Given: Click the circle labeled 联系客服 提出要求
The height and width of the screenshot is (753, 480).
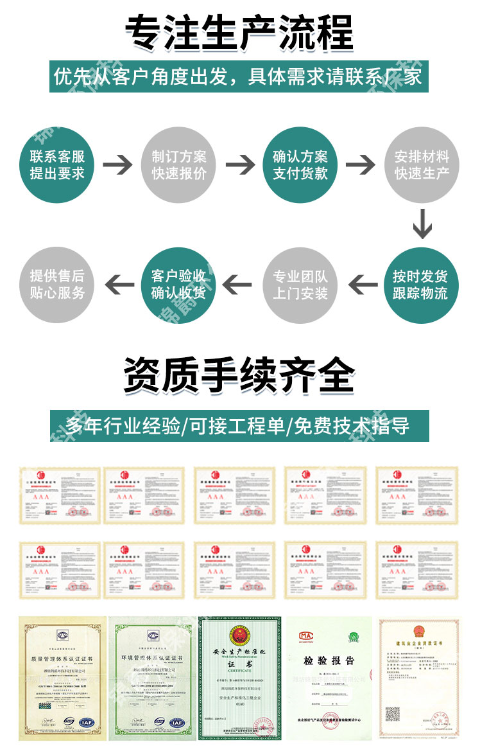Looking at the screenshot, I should pyautogui.click(x=57, y=165).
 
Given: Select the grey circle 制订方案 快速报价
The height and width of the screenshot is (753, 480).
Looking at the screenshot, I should pyautogui.click(x=179, y=165).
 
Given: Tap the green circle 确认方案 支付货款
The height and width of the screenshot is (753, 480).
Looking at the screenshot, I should pyautogui.click(x=300, y=165).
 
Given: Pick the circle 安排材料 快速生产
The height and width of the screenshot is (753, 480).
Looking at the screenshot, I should pyautogui.click(x=422, y=165).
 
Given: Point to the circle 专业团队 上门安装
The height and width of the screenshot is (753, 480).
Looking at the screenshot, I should pyautogui.click(x=300, y=285).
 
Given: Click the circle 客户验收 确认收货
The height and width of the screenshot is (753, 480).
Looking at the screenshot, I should pyautogui.click(x=179, y=285).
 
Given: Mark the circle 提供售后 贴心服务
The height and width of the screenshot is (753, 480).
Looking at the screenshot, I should pyautogui.click(x=57, y=285).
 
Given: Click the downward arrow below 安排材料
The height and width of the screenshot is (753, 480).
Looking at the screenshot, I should pyautogui.click(x=422, y=223).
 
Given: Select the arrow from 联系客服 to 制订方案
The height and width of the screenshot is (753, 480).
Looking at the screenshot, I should pyautogui.click(x=118, y=165).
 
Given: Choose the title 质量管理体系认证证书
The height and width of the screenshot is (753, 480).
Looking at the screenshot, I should pyautogui.click(x=62, y=657).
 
